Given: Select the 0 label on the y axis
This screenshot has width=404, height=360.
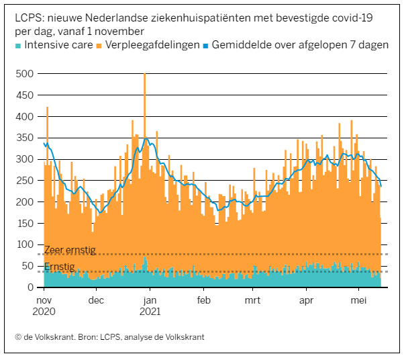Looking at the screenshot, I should coord(30,287).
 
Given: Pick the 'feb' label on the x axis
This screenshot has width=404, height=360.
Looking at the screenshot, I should coord(204,300).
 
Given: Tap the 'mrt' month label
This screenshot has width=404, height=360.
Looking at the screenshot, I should coord(253,300).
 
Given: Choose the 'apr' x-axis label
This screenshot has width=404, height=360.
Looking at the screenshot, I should coord(306,300).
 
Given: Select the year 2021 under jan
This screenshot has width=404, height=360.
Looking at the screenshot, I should coord(150,312).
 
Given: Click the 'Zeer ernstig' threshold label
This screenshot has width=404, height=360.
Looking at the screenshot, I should coord(70,250).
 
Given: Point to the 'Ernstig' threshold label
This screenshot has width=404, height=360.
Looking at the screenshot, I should coord(60,267).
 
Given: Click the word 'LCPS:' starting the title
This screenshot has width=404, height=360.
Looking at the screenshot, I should coord(29,17).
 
